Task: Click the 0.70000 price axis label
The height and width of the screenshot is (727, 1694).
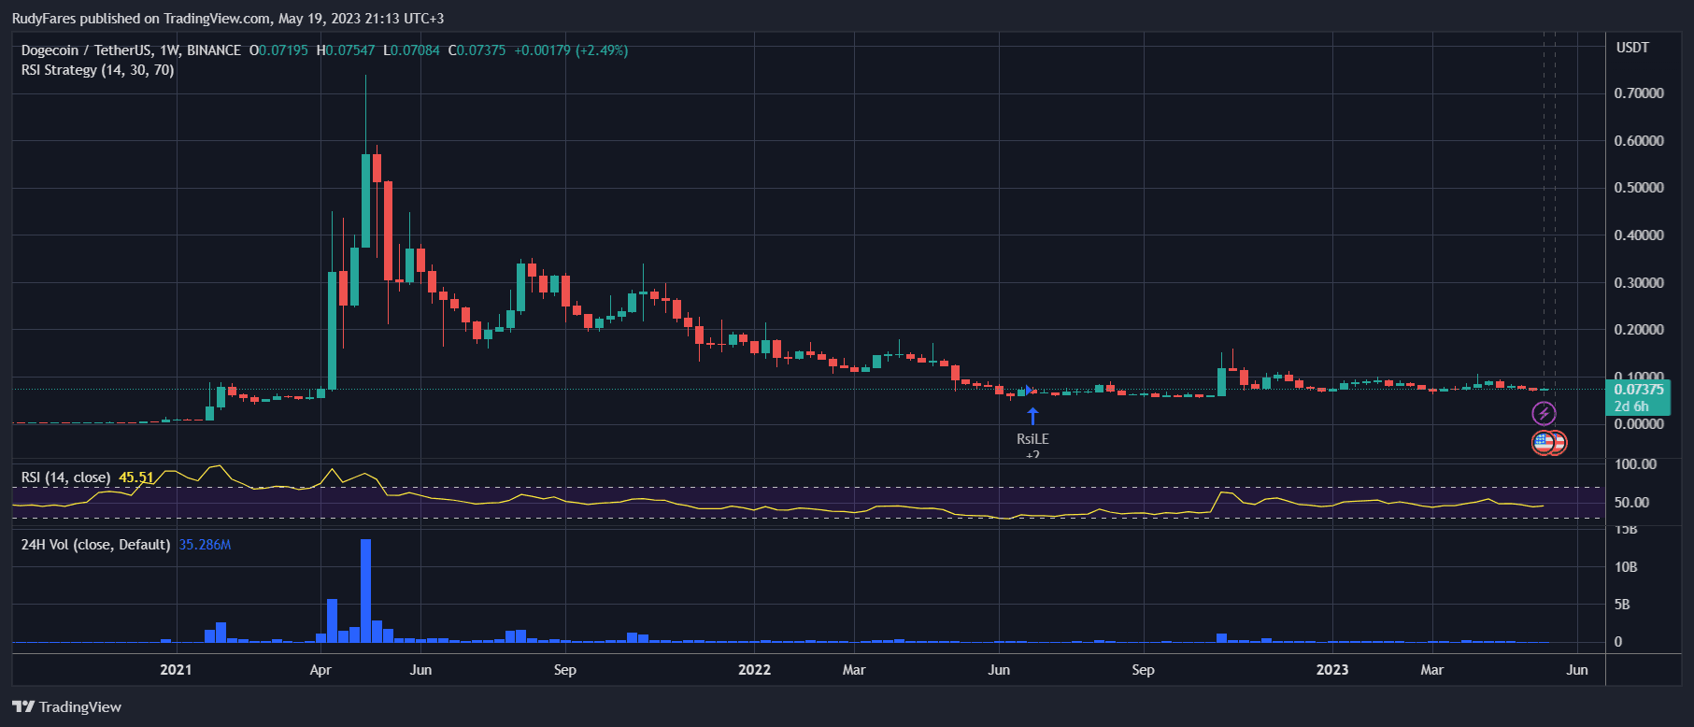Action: point(1638,93)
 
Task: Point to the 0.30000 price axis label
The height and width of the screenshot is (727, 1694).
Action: point(1638,282)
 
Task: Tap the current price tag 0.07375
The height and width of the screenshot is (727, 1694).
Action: point(1638,390)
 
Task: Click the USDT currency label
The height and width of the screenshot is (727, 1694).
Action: point(1632,48)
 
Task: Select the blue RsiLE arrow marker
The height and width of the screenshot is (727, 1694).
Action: point(1032,415)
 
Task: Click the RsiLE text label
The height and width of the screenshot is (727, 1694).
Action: point(1032,438)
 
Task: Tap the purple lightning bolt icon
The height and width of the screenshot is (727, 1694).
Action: point(1544,413)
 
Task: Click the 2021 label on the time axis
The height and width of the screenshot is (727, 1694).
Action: point(176,669)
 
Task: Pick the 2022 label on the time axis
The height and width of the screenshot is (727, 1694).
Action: point(754,669)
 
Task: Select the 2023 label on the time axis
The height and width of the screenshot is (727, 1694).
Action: point(1332,669)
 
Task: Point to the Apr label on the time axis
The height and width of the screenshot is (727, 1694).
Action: point(320,669)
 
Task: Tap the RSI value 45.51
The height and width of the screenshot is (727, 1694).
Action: point(136,478)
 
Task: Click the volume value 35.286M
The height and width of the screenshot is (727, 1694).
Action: point(205,545)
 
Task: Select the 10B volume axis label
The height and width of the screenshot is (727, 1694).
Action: point(1626,567)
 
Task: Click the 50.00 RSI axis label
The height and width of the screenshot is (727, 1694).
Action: point(1631,503)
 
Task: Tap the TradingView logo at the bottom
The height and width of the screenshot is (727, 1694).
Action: point(67,706)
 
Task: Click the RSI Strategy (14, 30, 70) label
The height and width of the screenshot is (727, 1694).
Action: point(98,70)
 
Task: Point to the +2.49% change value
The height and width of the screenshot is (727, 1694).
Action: point(602,50)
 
